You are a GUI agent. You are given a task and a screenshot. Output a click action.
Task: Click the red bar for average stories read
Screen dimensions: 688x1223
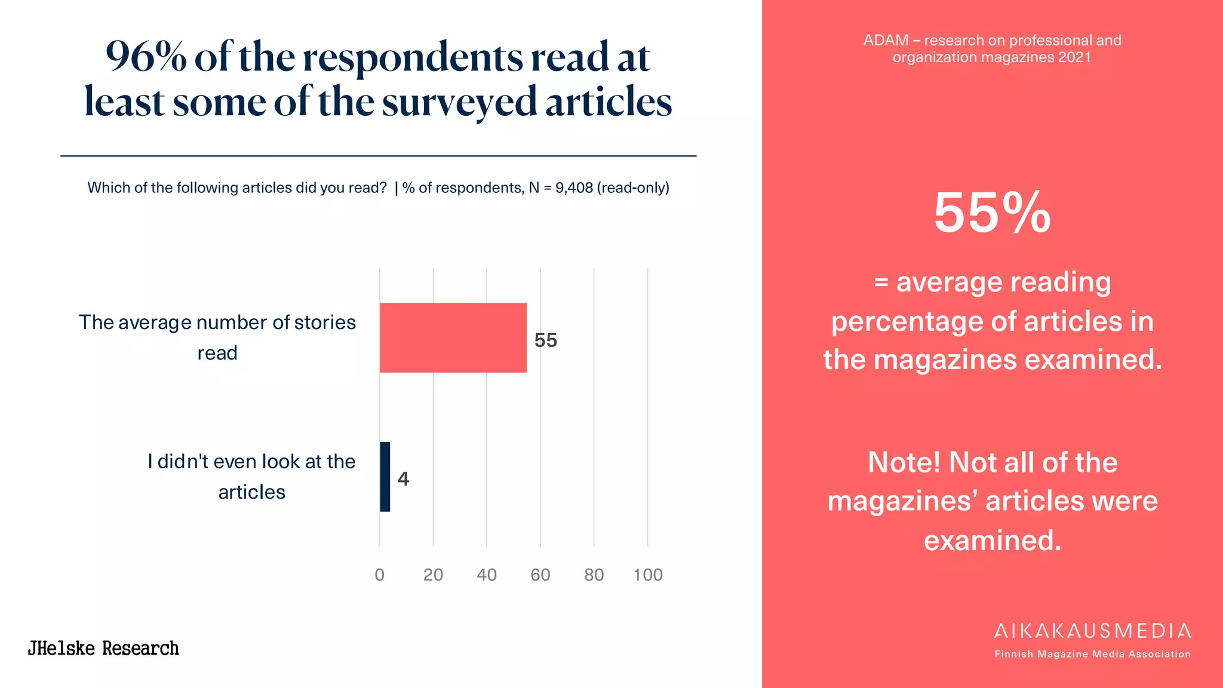click(453, 337)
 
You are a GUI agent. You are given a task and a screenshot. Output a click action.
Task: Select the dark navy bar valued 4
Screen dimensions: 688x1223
click(385, 477)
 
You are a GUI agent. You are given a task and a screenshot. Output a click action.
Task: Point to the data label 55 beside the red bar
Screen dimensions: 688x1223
click(545, 340)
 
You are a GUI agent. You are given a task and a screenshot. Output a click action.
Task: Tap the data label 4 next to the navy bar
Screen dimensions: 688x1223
click(403, 479)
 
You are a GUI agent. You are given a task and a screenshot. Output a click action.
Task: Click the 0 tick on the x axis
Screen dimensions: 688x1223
click(379, 575)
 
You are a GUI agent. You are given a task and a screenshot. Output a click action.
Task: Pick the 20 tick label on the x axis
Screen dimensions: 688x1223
click(433, 575)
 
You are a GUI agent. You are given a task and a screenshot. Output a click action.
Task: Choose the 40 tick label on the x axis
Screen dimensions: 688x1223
click(487, 575)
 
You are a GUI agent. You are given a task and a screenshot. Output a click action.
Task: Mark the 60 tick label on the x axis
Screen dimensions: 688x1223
click(540, 575)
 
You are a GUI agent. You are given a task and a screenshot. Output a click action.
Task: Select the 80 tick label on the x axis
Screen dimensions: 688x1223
click(594, 575)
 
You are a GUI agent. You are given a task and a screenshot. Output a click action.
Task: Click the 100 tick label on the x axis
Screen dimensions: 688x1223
click(648, 575)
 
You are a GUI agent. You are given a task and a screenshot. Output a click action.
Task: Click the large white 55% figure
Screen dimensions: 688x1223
click(992, 213)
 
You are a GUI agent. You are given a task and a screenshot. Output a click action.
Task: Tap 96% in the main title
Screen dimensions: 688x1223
click(146, 57)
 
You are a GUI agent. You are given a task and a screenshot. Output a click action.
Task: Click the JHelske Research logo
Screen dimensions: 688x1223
click(103, 648)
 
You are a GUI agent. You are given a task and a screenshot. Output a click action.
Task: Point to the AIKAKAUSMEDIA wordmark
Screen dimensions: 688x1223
click(1092, 631)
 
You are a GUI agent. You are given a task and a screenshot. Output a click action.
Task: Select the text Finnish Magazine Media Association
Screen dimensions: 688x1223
click(1092, 654)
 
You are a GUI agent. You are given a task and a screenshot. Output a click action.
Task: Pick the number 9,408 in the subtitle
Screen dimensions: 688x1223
click(574, 188)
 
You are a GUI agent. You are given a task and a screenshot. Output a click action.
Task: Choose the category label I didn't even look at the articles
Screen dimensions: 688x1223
click(251, 477)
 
